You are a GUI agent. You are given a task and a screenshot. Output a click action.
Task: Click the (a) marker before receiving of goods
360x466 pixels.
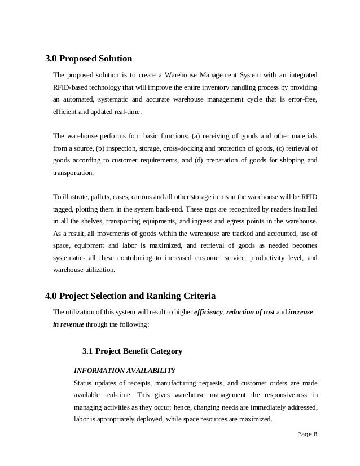click(x=197, y=136)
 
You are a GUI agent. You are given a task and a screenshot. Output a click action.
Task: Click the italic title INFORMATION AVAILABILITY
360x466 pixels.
click(x=125, y=371)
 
